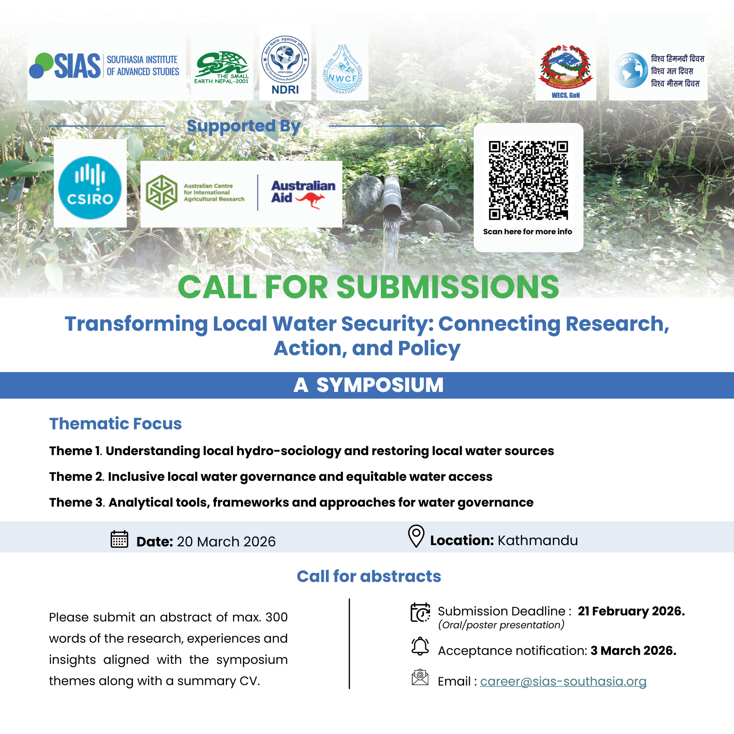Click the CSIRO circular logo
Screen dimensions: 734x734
coord(90,187)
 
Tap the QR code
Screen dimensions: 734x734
coord(528,180)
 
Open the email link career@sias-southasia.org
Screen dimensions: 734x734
coord(563,681)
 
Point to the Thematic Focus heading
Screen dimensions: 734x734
coord(116,423)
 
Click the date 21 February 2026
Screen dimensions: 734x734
coord(631,611)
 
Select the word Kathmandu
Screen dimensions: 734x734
coord(538,540)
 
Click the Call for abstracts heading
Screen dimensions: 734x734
coord(368,576)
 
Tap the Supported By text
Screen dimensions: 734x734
coord(243,126)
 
